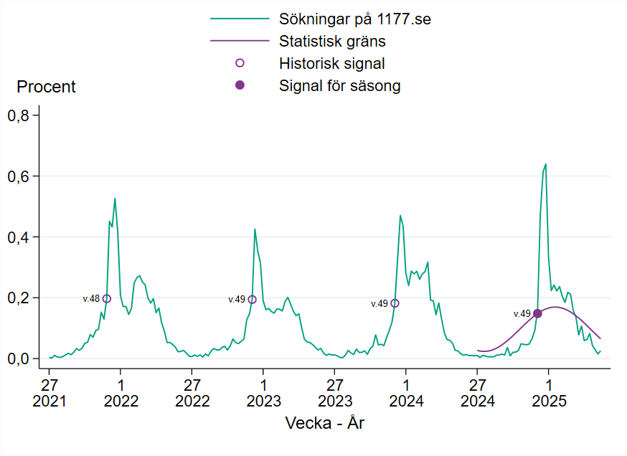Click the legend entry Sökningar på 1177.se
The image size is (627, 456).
coord(354,19)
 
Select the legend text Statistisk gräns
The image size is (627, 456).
coord(332,41)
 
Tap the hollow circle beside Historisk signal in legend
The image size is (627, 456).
coord(240,63)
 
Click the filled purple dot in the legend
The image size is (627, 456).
coord(240,85)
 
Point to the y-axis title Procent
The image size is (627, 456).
coord(46,87)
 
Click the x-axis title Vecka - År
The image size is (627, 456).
coord(325,423)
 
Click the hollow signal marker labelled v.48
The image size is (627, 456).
coord(107,298)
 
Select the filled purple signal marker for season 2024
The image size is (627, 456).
coord(537,313)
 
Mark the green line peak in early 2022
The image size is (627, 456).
coord(115,199)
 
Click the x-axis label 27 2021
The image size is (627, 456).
coord(49,392)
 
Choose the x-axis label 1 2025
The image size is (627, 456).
coord(549,392)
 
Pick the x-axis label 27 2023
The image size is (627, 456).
coord(335,392)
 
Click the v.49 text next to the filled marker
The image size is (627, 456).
coord(522,313)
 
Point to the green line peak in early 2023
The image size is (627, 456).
coord(255,229)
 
